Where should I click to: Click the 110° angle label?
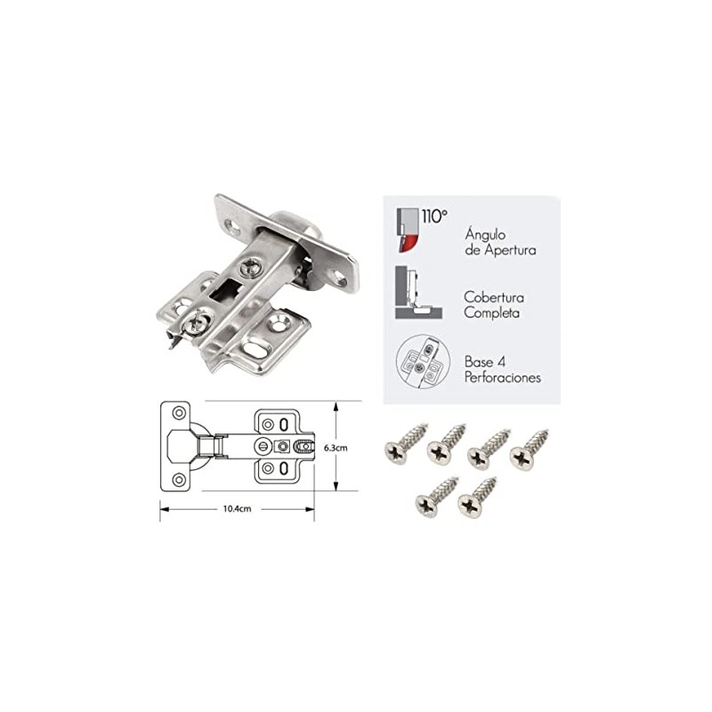[x=434, y=216]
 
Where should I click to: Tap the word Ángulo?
[x=485, y=235]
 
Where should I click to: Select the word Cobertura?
[x=494, y=297]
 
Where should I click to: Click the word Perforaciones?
[x=503, y=377]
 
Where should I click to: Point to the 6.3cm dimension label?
[x=336, y=448]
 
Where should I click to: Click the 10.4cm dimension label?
[x=237, y=509]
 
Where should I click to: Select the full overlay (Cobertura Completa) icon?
[x=418, y=293]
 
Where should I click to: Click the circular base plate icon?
[x=423, y=361]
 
